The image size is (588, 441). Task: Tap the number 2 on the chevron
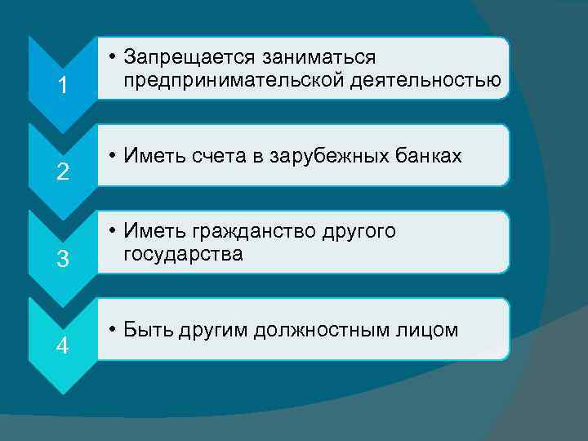click(62, 172)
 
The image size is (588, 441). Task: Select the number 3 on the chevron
click(62, 260)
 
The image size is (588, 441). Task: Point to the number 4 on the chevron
click(62, 346)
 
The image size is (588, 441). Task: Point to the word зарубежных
click(327, 158)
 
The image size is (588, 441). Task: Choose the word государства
click(183, 254)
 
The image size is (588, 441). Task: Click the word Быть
click(146, 330)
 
